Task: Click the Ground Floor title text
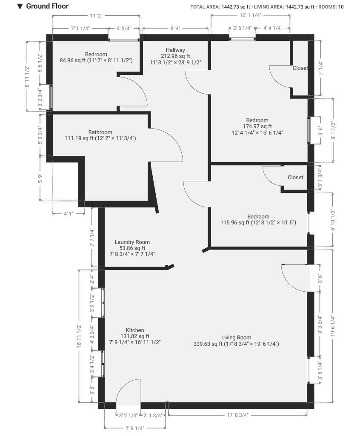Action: click(47, 6)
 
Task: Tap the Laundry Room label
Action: click(132, 242)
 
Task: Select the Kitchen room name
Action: click(135, 330)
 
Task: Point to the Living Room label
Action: click(236, 338)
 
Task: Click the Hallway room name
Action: click(175, 50)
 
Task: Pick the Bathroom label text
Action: click(100, 132)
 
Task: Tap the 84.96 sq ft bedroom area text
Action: click(73, 60)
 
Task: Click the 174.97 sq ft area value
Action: click(257, 126)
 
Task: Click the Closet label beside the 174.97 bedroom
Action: click(300, 68)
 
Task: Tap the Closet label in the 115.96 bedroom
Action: click(295, 178)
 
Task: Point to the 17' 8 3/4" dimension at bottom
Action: click(237, 415)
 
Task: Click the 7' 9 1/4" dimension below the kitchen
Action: click(135, 428)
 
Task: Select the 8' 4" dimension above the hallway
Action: click(175, 29)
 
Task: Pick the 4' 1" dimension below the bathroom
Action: click(69, 214)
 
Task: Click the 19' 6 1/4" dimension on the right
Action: click(333, 326)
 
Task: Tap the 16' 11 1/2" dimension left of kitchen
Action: click(79, 336)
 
